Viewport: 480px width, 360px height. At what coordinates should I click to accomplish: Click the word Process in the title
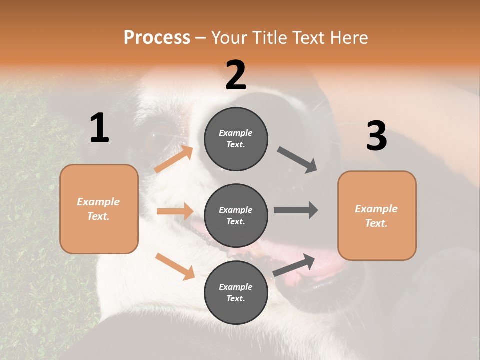pos(157,37)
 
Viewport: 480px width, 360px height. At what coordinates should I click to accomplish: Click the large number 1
pos(99,128)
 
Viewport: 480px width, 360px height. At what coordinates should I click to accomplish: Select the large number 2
pos(236,75)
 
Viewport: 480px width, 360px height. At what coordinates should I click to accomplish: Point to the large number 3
pos(376,136)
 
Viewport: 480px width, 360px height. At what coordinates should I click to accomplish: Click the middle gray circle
pos(236,215)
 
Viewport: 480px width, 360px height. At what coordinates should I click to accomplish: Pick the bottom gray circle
pos(236,292)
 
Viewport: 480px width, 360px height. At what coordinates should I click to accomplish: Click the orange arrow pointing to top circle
pos(174,159)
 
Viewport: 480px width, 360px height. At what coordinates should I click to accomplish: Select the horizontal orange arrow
pos(175,211)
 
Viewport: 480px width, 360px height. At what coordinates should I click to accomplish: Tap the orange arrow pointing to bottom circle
pos(175,266)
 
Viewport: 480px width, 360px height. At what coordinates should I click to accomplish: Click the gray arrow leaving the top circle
pos(297,160)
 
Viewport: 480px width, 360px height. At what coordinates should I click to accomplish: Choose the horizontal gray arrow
pos(296,210)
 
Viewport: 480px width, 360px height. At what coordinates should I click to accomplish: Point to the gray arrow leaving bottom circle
pos(294,265)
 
